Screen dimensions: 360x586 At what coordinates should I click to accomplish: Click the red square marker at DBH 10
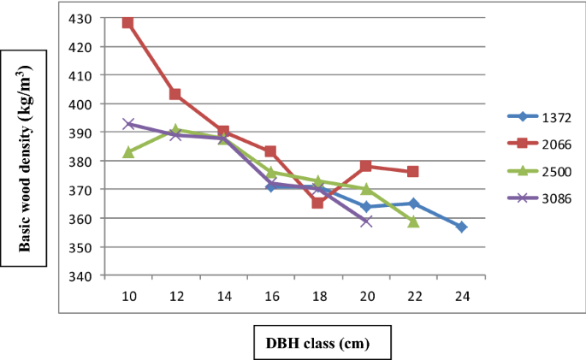pos(128,22)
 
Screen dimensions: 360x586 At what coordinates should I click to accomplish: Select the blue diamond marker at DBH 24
pos(461,227)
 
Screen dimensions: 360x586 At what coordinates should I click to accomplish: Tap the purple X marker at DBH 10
pos(128,124)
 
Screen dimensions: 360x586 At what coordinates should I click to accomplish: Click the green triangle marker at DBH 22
pos(413,221)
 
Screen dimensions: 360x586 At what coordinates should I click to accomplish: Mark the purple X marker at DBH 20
pos(366,221)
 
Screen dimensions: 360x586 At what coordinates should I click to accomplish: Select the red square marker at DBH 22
pos(413,172)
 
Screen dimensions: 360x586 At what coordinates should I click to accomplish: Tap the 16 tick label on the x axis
pos(270,295)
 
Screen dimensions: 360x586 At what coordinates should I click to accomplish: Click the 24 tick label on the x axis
pos(461,295)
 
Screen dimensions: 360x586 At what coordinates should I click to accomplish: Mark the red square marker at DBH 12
pos(175,94)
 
